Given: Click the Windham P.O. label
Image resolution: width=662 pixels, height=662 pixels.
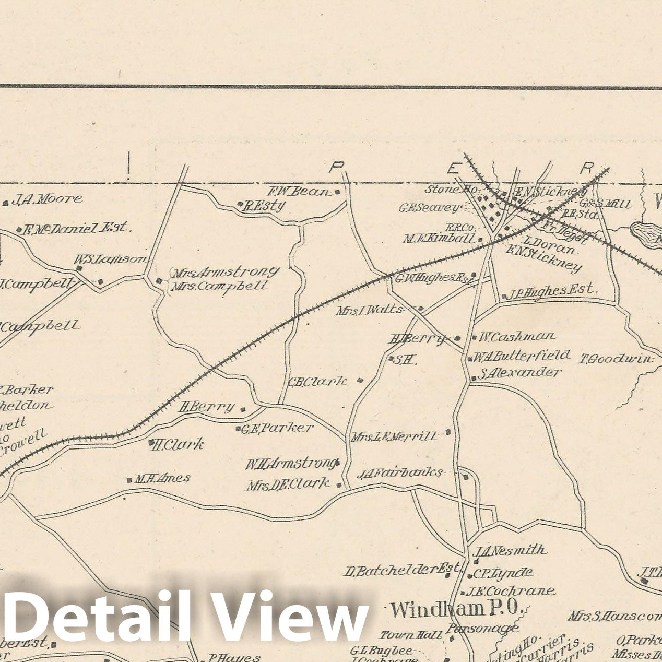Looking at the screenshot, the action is [x=457, y=609].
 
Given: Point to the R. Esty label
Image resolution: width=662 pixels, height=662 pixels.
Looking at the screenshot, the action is [x=265, y=205].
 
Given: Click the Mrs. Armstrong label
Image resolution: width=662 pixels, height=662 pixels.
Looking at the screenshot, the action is [x=226, y=273].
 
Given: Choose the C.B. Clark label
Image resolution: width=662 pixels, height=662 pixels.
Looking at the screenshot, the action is [x=317, y=381].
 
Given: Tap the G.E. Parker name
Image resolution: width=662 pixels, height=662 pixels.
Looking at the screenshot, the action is [x=277, y=428].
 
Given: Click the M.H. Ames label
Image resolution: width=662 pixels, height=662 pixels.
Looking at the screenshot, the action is [x=162, y=478].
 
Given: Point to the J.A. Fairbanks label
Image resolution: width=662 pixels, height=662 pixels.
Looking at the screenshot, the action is [x=399, y=473].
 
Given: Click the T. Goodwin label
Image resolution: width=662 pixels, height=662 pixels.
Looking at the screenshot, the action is [x=617, y=359].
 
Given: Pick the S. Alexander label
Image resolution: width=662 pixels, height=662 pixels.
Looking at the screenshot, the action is [x=519, y=373].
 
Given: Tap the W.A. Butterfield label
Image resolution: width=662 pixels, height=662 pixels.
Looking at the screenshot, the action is [x=522, y=356].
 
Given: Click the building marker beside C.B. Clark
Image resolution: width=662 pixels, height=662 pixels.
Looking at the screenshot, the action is [x=360, y=380].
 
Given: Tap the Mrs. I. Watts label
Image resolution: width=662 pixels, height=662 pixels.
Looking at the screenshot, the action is [x=370, y=310].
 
